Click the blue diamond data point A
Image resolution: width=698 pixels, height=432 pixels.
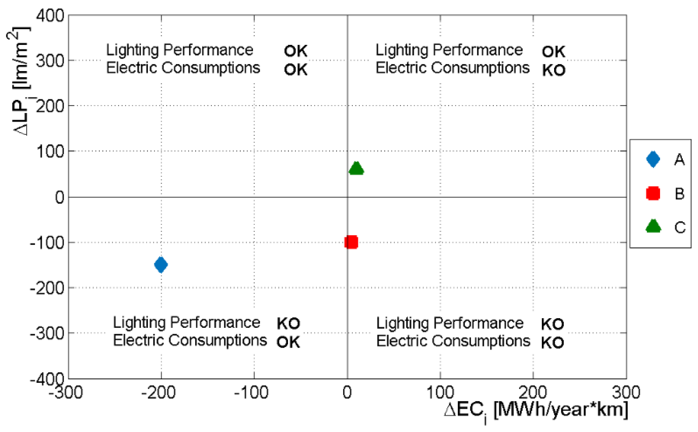[x=161, y=265]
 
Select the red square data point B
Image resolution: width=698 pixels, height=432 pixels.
[x=351, y=242]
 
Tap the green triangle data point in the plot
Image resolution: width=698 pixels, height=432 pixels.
[x=356, y=169]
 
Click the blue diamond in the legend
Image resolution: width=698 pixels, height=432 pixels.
[x=653, y=159]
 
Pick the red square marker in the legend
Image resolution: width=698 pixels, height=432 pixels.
[x=653, y=193]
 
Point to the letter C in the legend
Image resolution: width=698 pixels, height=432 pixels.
[x=680, y=228]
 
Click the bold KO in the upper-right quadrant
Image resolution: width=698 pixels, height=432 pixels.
[x=554, y=70]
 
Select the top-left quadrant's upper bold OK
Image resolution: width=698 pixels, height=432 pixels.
[x=295, y=51]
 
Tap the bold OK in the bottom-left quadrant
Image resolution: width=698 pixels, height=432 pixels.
[x=288, y=342]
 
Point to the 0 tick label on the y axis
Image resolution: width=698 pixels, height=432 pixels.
[x=60, y=197]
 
